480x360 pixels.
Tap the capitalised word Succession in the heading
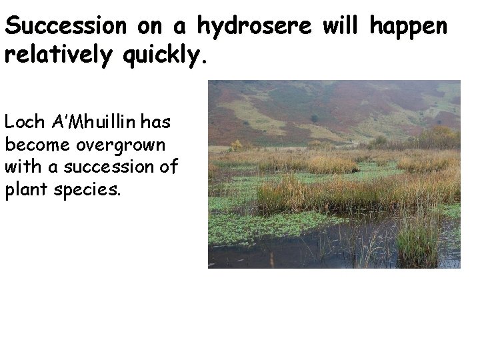coord(65,27)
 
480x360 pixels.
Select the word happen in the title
coord(408,27)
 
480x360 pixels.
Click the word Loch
coord(25,123)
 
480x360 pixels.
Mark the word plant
coord(25,189)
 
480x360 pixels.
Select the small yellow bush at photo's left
coord(237,145)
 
